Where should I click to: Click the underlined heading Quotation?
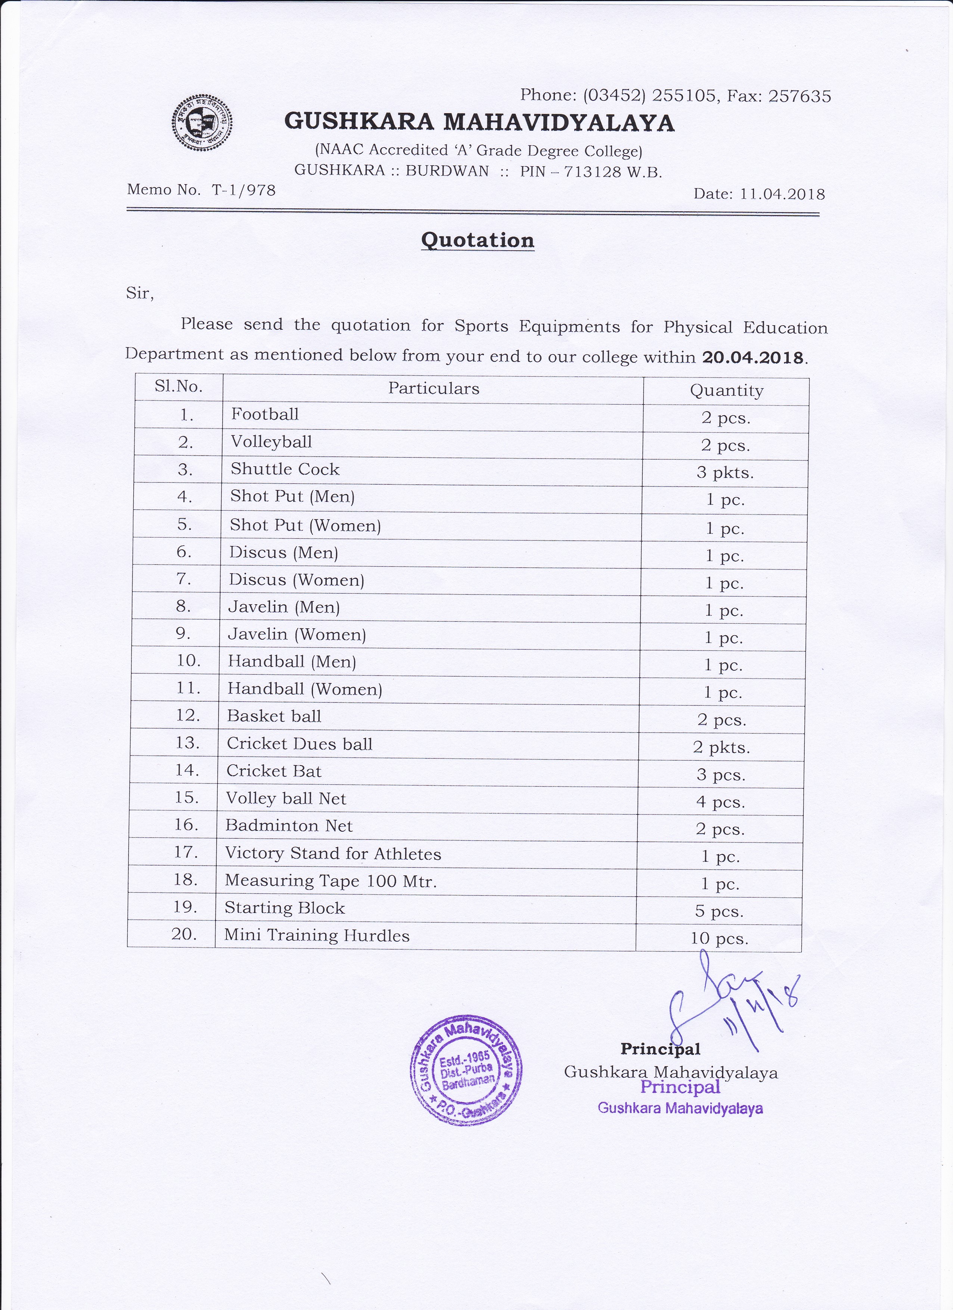point(477,240)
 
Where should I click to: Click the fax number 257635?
point(800,96)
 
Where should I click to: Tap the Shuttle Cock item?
point(285,469)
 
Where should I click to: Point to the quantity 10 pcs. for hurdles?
point(719,938)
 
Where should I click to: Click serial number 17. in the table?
point(186,852)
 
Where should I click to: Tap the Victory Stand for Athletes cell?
point(333,854)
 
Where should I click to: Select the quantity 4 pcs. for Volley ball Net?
point(720,802)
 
